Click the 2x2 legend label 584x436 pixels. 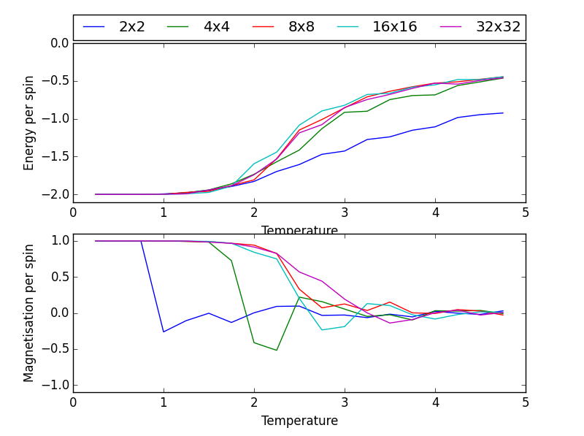132,27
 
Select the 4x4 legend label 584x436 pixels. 216,27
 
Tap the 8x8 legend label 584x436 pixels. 301,27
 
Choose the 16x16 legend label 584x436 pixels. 394,27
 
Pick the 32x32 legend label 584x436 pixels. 498,27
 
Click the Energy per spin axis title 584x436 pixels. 29,122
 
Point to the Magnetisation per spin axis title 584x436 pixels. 29,313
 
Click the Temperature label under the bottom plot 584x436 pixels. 299,421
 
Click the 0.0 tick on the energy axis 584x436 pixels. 58,43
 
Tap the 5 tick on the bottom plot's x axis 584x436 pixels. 525,402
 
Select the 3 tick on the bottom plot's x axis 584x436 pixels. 345,402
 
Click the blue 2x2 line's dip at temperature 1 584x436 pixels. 164,332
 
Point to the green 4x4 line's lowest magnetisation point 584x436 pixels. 277,351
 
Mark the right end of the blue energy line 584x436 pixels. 502,112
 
